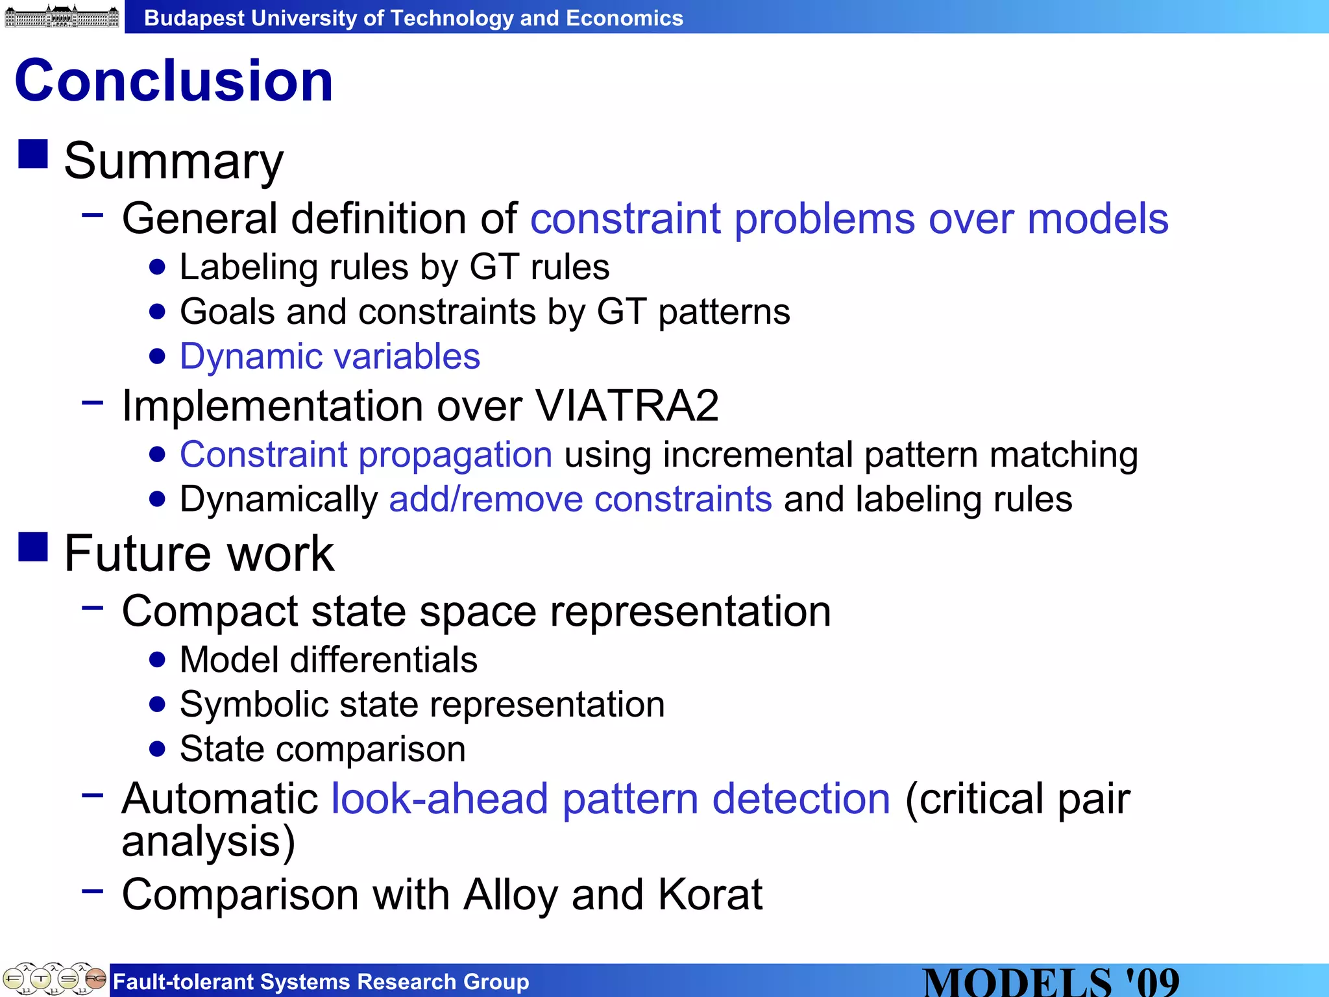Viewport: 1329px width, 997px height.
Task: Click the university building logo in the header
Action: tap(62, 16)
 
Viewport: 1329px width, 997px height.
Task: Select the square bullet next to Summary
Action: tap(33, 154)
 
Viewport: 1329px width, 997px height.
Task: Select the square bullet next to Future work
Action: tap(33, 546)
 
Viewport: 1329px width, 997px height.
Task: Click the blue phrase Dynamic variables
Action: tap(330, 356)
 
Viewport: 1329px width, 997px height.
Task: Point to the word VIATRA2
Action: tap(627, 406)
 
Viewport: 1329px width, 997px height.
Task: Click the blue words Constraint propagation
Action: tap(366, 454)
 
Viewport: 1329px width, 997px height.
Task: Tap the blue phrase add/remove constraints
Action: tap(580, 499)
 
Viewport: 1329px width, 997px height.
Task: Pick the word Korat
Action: tap(710, 894)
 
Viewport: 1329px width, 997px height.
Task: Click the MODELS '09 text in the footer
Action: tap(1051, 981)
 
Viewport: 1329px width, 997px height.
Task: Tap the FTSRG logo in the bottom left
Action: tap(55, 979)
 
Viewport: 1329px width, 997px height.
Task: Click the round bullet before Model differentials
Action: tap(157, 660)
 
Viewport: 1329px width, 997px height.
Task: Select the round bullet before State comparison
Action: tap(157, 750)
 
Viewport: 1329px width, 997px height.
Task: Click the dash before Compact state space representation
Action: tap(93, 608)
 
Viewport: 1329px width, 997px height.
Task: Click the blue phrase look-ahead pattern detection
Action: tap(611, 798)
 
